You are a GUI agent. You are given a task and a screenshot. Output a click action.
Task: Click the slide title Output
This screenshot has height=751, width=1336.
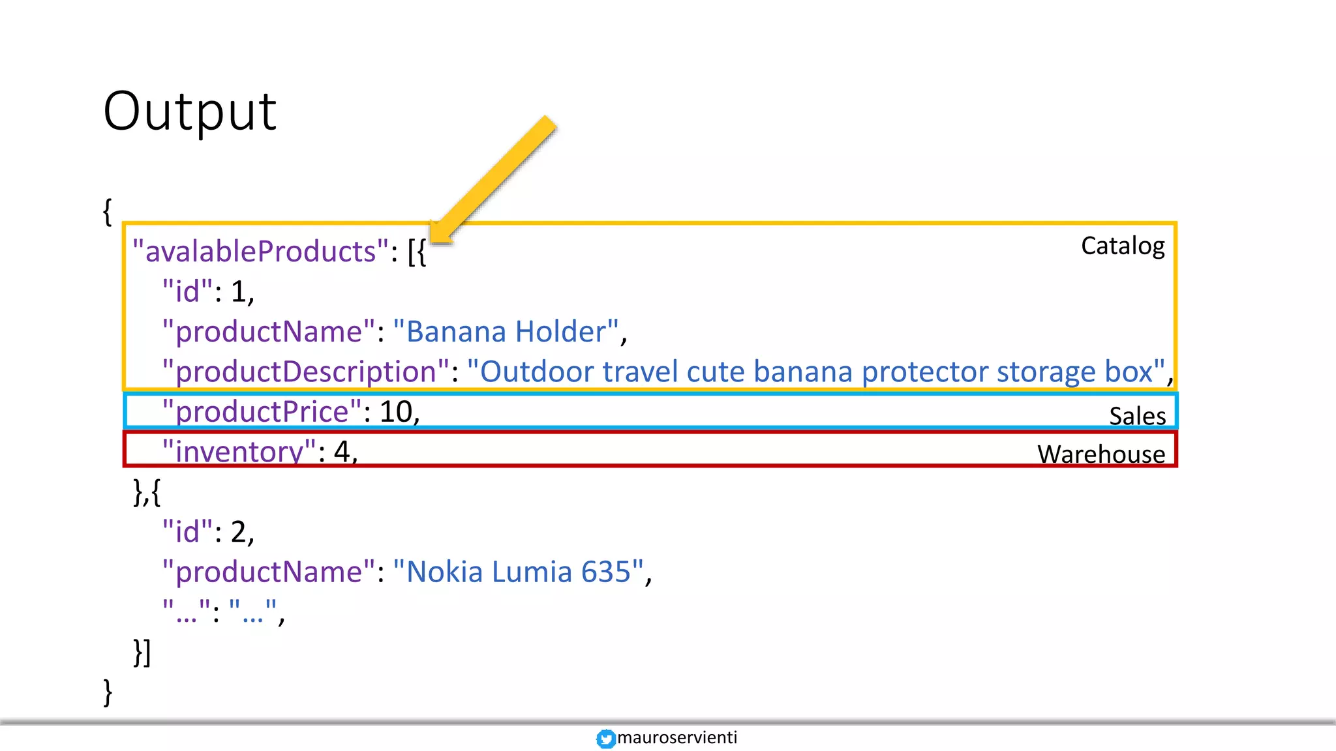pos(190,111)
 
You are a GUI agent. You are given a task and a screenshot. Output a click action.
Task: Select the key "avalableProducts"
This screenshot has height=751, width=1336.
pos(260,252)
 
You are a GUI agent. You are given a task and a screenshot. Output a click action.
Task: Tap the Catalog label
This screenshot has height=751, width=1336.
pos(1123,246)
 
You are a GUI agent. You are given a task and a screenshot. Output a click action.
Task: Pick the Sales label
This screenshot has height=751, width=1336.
pos(1137,416)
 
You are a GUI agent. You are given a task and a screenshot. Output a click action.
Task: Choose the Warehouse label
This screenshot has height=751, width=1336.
pos(1101,454)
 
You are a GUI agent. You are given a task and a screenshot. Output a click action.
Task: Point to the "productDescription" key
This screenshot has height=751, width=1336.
pos(306,372)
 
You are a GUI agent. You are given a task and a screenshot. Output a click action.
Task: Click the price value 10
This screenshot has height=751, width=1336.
pos(396,411)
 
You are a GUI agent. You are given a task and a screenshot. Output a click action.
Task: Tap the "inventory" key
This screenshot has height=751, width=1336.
pos(239,451)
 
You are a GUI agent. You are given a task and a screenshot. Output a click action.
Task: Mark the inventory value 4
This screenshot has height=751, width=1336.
pos(342,451)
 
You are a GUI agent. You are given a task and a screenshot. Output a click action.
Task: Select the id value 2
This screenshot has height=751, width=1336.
pos(238,532)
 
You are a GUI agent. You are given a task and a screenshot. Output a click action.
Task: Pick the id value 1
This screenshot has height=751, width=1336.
pos(238,291)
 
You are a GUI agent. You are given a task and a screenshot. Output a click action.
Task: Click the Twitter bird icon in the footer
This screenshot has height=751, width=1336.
pos(605,739)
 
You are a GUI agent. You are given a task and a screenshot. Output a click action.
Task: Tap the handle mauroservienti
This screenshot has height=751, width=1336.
pos(676,737)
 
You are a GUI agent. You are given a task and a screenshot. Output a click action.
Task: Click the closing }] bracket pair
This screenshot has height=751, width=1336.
pos(142,652)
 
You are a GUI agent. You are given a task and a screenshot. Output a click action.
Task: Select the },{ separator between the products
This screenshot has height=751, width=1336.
pos(147,492)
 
